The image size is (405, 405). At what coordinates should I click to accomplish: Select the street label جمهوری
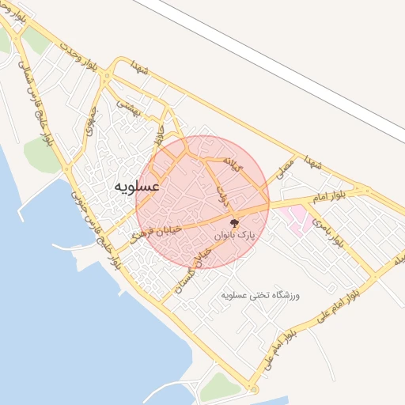coord(89,123)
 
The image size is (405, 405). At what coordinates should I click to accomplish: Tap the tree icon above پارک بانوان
coord(233,221)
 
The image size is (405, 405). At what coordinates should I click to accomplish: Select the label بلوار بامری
coord(327,231)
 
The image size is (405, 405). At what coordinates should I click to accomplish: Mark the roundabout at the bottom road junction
coord(252,389)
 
